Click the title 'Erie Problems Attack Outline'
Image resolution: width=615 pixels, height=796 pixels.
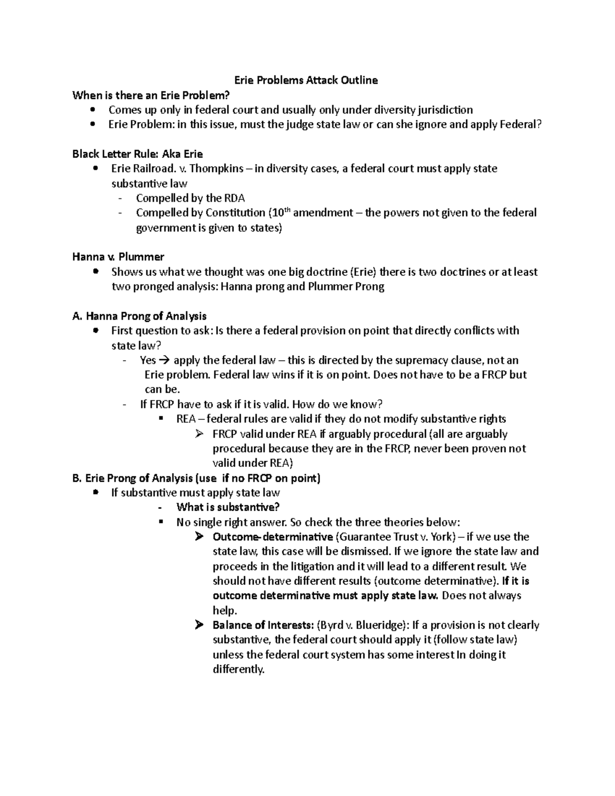tap(306, 80)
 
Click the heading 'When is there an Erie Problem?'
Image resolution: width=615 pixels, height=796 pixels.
tap(151, 95)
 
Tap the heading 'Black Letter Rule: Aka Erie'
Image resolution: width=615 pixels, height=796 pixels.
tap(137, 154)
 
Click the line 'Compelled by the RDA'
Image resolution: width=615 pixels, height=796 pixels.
tap(190, 198)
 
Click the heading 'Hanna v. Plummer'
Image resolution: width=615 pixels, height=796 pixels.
tap(118, 257)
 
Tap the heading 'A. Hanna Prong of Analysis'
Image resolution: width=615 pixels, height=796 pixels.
tap(139, 316)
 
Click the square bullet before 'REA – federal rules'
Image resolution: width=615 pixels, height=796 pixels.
tap(162, 419)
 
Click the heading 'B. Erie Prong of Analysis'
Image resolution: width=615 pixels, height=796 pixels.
tap(196, 478)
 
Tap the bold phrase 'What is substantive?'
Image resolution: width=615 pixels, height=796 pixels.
tap(228, 507)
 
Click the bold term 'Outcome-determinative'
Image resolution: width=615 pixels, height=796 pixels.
tap(272, 537)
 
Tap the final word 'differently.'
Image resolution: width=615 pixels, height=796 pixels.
tap(238, 669)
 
